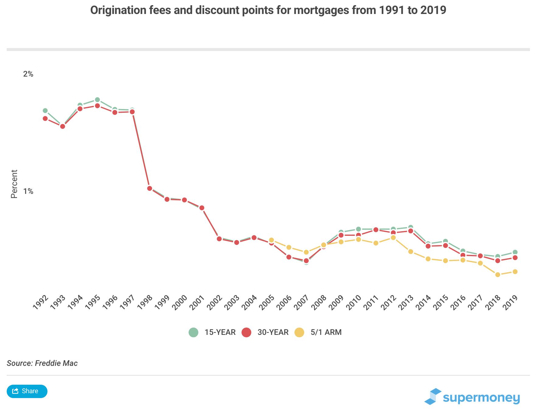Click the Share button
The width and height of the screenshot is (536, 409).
click(27, 391)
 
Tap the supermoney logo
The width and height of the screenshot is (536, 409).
click(472, 397)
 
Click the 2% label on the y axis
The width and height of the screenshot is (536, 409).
click(28, 74)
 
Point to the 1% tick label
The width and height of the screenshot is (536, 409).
click(28, 191)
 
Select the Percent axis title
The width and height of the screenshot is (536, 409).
click(14, 184)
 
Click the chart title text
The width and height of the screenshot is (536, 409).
click(268, 10)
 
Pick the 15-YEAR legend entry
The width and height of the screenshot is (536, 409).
click(212, 332)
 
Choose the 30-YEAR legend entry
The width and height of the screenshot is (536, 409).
click(265, 332)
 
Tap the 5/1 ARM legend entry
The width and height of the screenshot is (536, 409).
click(318, 332)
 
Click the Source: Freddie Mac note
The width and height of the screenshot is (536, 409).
click(42, 363)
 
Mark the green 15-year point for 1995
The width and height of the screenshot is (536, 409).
click(97, 100)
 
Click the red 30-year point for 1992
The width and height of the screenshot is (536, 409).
click(45, 119)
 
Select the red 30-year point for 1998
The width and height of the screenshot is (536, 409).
click(150, 188)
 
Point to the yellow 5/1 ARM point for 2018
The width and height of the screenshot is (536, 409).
click(498, 275)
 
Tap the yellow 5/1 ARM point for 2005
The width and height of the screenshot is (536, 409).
click(271, 240)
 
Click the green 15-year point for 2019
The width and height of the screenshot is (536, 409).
click(515, 252)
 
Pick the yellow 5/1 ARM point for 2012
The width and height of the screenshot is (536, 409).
click(393, 238)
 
